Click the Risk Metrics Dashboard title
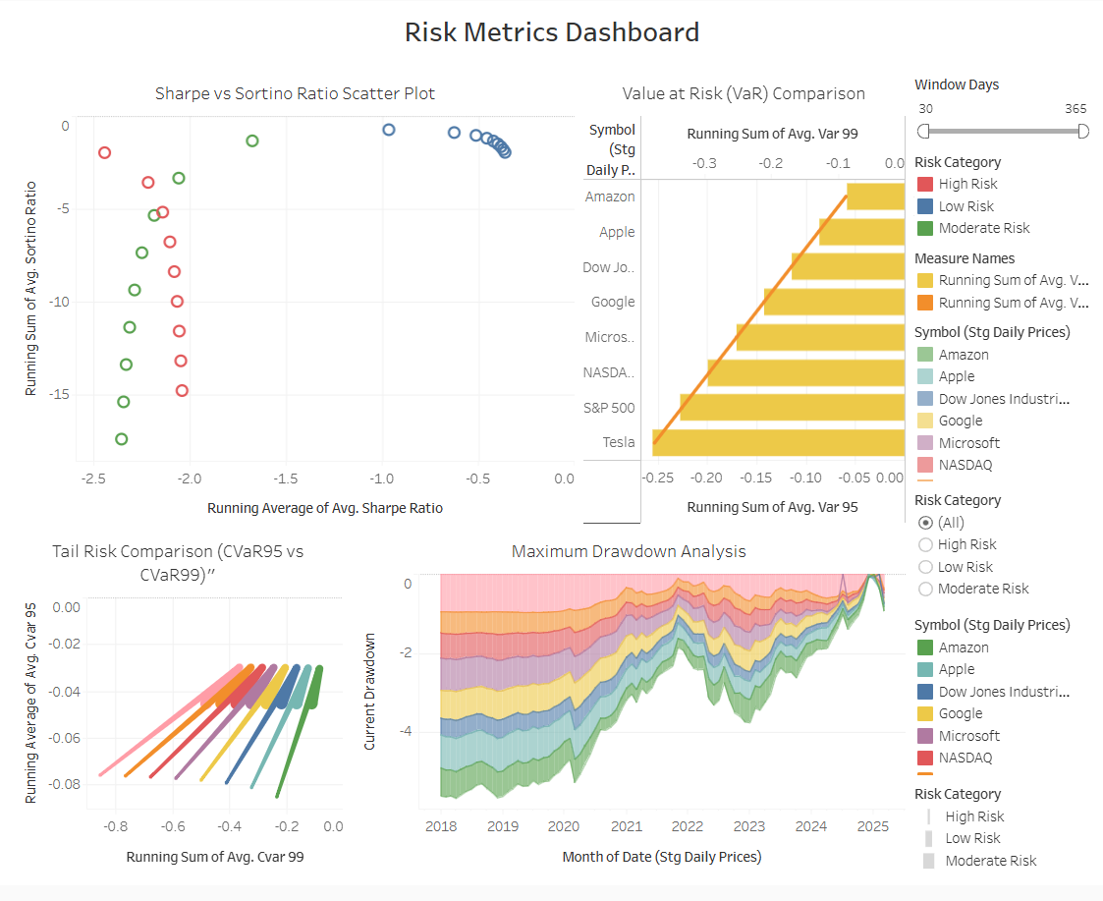(551, 31)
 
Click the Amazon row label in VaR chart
(610, 197)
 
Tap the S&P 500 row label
(609, 408)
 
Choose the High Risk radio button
(924, 544)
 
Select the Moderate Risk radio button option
(924, 589)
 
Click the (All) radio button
(924, 523)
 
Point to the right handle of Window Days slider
(1083, 131)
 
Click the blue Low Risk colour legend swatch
(924, 206)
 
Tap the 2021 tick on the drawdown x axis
(626, 826)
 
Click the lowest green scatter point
(121, 439)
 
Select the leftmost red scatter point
(104, 152)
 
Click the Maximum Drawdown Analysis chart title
(629, 551)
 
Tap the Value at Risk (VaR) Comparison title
(744, 93)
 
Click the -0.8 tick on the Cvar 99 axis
(115, 826)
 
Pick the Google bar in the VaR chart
(833, 302)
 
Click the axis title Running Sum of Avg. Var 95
(772, 507)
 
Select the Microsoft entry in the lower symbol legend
(968, 736)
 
